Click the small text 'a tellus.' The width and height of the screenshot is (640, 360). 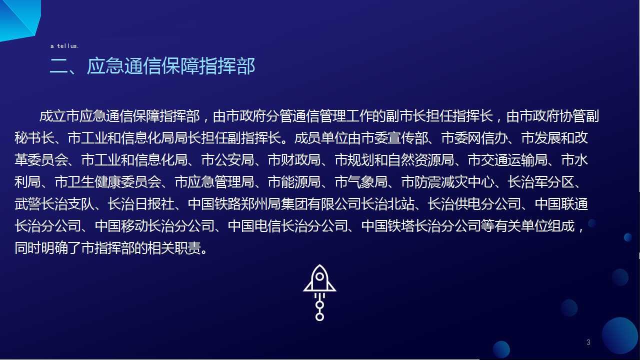click(x=64, y=46)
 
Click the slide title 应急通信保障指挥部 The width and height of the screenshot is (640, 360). click(x=171, y=66)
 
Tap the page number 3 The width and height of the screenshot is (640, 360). click(x=588, y=342)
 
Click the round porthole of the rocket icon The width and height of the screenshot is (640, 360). click(x=319, y=276)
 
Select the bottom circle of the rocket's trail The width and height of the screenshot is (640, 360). click(x=319, y=317)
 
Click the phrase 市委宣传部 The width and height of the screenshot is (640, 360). click(x=395, y=138)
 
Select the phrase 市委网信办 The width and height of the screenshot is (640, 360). click(x=475, y=138)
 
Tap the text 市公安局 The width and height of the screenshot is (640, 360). click(x=227, y=160)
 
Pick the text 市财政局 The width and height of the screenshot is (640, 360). click(x=294, y=160)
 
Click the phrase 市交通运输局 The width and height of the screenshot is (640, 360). click(x=507, y=160)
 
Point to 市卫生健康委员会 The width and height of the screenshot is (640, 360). click(x=107, y=182)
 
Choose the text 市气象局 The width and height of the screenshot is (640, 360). click(x=361, y=182)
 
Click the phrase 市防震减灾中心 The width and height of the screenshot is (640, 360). click(x=447, y=182)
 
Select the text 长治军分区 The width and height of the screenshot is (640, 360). click(x=541, y=182)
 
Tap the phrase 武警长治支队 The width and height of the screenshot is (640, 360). click(x=54, y=204)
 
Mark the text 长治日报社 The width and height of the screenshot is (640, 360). click(x=141, y=204)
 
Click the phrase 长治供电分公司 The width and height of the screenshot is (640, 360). click(x=474, y=204)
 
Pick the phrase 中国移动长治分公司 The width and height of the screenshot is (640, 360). click(x=154, y=226)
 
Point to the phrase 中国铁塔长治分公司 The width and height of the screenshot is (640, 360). click(x=421, y=226)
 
